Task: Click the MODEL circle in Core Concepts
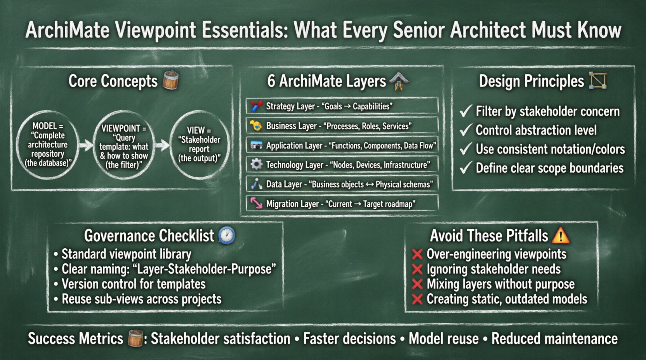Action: pyautogui.click(x=47, y=145)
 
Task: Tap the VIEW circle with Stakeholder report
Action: pyautogui.click(x=199, y=145)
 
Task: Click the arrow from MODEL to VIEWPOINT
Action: pyautogui.click(x=86, y=145)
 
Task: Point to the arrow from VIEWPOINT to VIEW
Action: pyautogui.click(x=163, y=145)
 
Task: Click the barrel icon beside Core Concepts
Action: pyautogui.click(x=170, y=80)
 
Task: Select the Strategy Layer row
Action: pyautogui.click(x=342, y=106)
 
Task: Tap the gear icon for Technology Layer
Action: pyautogui.click(x=256, y=164)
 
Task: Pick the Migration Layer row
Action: pyautogui.click(x=342, y=204)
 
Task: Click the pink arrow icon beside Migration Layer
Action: pyautogui.click(x=256, y=203)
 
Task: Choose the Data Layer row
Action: pyautogui.click(x=342, y=184)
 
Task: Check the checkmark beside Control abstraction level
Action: pyautogui.click(x=466, y=130)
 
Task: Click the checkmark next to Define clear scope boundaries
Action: pyautogui.click(x=466, y=168)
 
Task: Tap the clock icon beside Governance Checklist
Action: pyautogui.click(x=227, y=235)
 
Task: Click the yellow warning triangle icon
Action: pyautogui.click(x=561, y=235)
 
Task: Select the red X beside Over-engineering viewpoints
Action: pyautogui.click(x=417, y=254)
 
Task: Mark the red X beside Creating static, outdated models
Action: pyautogui.click(x=417, y=299)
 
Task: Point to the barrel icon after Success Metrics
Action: pyautogui.click(x=135, y=338)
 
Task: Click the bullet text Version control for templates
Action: pyautogui.click(x=134, y=284)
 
